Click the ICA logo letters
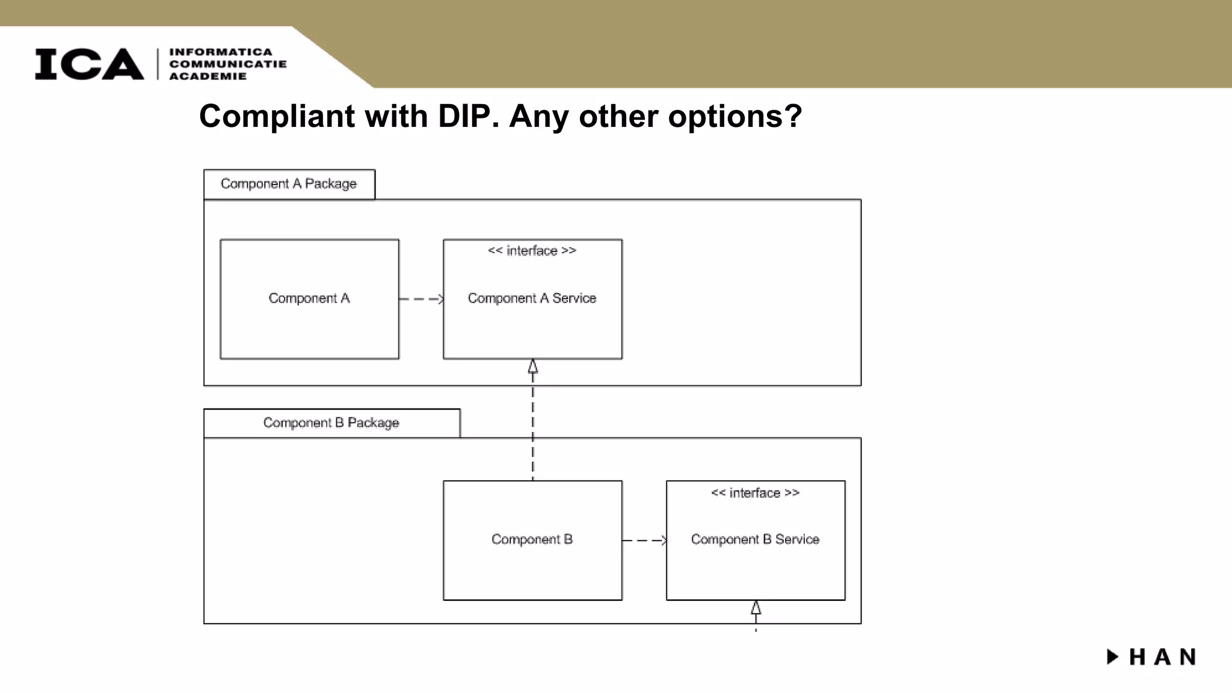pyautogui.click(x=89, y=64)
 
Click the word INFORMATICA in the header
pyautogui.click(x=221, y=52)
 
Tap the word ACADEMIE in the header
pyautogui.click(x=208, y=76)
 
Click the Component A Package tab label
pyautogui.click(x=289, y=183)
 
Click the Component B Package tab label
pyautogui.click(x=331, y=422)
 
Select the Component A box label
pyautogui.click(x=309, y=298)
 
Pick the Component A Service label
pyautogui.click(x=532, y=298)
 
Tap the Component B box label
pyautogui.click(x=532, y=539)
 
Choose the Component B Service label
pyautogui.click(x=755, y=539)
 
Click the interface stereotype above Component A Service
pyautogui.click(x=532, y=251)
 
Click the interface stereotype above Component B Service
pyautogui.click(x=755, y=493)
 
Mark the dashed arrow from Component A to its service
pyautogui.click(x=421, y=299)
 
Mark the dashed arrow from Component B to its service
pyautogui.click(x=644, y=540)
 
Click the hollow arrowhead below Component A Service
pyautogui.click(x=533, y=366)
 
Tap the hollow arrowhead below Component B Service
pyautogui.click(x=756, y=608)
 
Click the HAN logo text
pyautogui.click(x=1162, y=657)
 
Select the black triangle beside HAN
pyautogui.click(x=1112, y=656)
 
